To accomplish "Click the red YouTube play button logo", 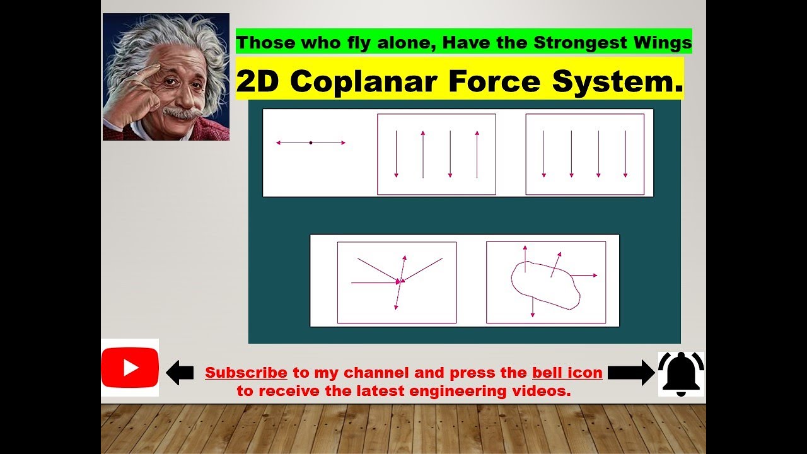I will pos(130,368).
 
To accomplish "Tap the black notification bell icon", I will pos(681,373).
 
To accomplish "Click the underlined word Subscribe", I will pos(246,373).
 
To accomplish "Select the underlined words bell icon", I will pos(567,373).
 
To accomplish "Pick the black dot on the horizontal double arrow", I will pos(311,143).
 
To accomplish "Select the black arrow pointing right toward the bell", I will pos(631,373).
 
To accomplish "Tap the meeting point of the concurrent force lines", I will pos(400,281).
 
